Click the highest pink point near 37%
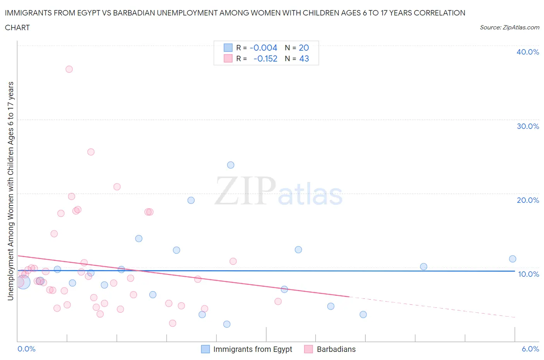point(69,69)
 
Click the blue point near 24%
point(231,165)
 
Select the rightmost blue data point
point(513,259)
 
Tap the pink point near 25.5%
point(91,152)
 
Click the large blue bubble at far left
point(23,282)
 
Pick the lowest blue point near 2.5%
point(227,324)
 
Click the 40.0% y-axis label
point(528,52)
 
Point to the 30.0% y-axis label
point(528,126)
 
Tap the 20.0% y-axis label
point(528,200)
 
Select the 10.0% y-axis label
point(529,274)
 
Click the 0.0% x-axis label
point(27,349)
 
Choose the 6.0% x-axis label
point(530,349)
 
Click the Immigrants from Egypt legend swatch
point(205,349)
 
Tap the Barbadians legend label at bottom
point(336,349)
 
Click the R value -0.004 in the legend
point(263,48)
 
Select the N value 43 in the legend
point(304,59)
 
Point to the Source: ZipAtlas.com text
point(509,27)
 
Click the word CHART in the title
point(17,27)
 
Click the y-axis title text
point(10,191)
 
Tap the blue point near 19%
point(191,200)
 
